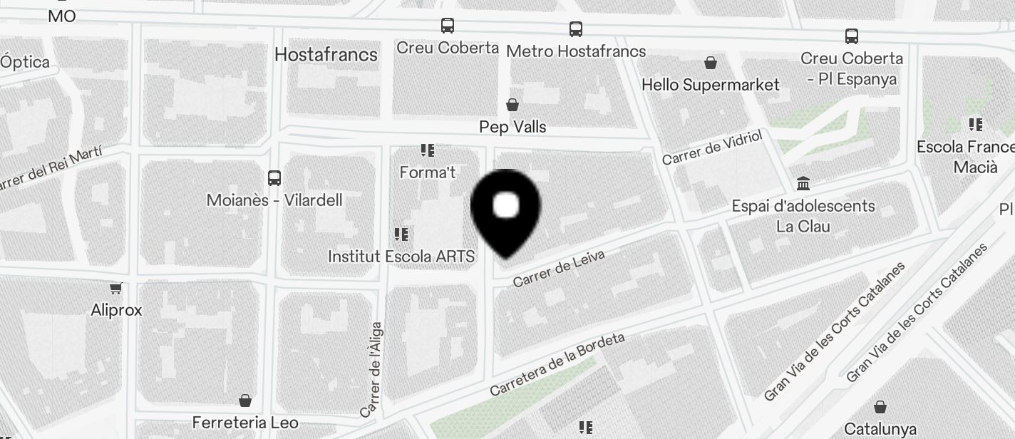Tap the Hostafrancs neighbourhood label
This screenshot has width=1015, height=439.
pos(326,54)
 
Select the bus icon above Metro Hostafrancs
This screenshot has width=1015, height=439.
pos(576,29)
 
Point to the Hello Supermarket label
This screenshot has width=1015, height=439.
pos(711,85)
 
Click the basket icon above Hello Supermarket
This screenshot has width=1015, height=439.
pos(711,63)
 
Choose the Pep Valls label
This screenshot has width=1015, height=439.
pos(512,127)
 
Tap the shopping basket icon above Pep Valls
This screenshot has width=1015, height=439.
pos(512,105)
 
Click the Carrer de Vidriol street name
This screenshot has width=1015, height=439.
pos(712,148)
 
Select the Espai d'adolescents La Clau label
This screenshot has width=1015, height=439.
pos(803,216)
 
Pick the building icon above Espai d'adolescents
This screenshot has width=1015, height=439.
pos(804,184)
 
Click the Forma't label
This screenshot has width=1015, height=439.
pos(428,172)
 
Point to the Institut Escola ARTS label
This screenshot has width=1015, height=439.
pos(401,256)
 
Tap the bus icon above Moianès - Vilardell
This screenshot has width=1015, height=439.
pos(274,178)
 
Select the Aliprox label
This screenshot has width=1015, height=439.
pos(116,310)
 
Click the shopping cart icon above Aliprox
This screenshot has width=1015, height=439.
pos(116,288)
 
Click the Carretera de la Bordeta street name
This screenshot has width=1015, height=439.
pos(557,364)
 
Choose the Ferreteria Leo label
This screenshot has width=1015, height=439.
pos(245,423)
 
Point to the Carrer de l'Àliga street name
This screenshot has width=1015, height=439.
pos(371,370)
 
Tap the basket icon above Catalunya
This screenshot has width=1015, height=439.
pos(880,407)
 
